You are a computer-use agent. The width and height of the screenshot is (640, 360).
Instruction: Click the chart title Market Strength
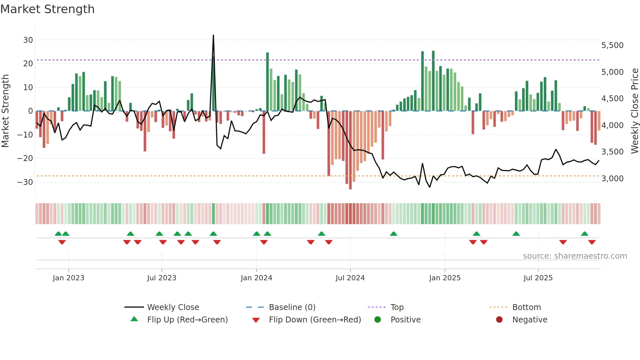pos(47,9)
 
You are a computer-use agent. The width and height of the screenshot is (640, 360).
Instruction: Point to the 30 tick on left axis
pos(28,40)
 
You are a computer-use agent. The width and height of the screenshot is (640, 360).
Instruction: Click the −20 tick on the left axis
pos(25,158)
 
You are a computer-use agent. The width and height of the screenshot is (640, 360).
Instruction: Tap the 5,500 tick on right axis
pos(612,45)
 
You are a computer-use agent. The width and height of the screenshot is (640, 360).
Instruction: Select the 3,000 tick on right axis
pos(612,179)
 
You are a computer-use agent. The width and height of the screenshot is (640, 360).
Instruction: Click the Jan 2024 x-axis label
pos(256,278)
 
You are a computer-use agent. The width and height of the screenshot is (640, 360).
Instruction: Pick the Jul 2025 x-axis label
pos(538,278)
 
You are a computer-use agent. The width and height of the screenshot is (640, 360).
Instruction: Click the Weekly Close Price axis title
pos(634,111)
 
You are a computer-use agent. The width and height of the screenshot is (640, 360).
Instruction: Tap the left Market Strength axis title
pos(6,111)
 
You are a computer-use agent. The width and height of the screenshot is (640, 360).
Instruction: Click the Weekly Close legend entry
pos(173,307)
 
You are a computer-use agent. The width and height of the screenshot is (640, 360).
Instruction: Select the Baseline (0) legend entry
pos(292,307)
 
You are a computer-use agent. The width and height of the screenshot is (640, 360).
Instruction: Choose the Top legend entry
pos(397,307)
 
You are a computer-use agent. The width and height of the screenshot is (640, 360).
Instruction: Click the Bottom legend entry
pos(526,307)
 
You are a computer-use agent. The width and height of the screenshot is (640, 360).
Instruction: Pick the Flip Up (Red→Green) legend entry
pos(187,320)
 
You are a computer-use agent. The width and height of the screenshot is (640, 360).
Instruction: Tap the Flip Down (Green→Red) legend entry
pos(315,320)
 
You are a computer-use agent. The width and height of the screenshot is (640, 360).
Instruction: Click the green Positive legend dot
pos(378,320)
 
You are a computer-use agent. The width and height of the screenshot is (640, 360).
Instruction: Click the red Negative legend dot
pos(499,320)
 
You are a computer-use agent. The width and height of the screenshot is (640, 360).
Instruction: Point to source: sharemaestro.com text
pos(575,256)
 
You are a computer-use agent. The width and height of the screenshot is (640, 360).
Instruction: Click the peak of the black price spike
pos(214,35)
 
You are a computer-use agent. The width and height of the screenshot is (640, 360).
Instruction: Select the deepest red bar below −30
pos(350,188)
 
